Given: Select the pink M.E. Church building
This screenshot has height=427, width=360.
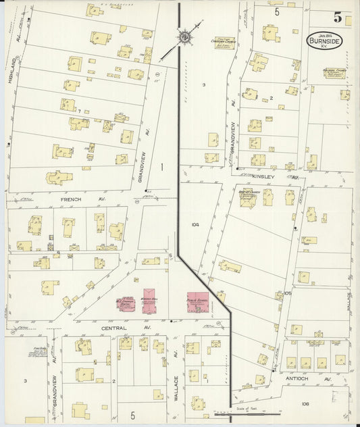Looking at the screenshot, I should pos(126,303).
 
